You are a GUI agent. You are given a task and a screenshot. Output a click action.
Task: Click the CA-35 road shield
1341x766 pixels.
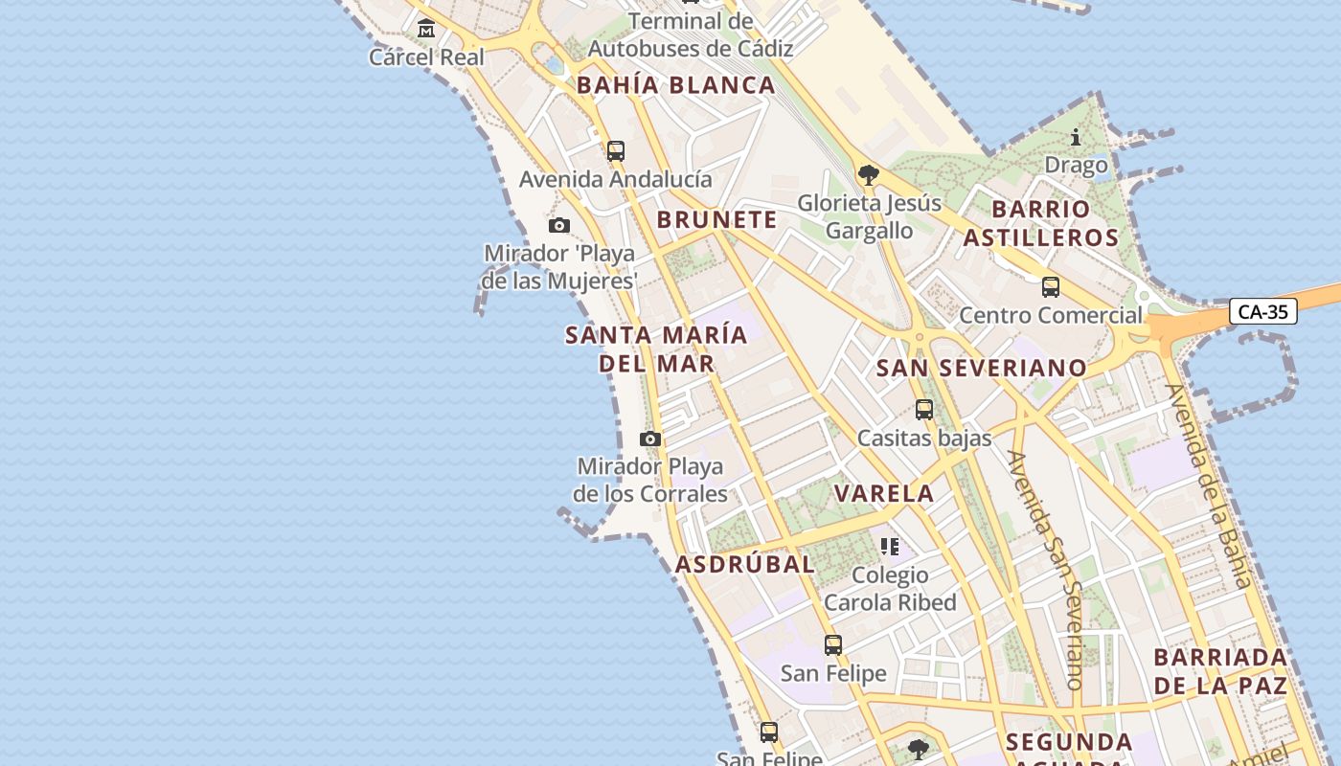tap(1262, 311)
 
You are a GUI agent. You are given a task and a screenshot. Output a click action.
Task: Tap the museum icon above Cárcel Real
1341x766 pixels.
tap(426, 29)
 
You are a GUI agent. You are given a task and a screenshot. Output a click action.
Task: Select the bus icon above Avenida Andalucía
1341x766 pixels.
tap(615, 150)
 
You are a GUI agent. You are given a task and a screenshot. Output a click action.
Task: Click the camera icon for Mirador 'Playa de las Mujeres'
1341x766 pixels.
tap(559, 226)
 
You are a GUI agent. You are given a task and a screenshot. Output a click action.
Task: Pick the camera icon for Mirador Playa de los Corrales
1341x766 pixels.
tap(650, 439)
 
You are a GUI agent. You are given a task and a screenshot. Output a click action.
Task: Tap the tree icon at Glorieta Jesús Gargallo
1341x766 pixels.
tap(869, 174)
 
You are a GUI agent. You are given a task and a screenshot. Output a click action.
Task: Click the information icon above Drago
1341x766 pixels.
tap(1076, 138)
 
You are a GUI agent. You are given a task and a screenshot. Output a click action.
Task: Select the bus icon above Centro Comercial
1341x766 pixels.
tap(1051, 286)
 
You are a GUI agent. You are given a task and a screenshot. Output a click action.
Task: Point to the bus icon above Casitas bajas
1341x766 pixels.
tap(924, 410)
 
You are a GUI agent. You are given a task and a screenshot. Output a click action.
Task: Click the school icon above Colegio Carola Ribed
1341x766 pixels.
tap(890, 547)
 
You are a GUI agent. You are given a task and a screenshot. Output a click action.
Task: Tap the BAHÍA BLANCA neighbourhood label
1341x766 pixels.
tap(675, 85)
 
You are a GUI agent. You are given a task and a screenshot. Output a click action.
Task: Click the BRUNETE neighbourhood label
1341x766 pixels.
tap(716, 219)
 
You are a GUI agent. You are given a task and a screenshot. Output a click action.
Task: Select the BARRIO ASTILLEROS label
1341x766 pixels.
tap(1040, 223)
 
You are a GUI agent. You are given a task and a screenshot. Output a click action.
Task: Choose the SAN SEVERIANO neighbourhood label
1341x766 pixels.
tap(982, 368)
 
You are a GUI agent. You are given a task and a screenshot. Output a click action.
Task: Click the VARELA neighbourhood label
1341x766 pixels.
tap(883, 494)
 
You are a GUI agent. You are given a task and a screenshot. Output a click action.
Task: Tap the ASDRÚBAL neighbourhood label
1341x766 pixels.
tap(745, 564)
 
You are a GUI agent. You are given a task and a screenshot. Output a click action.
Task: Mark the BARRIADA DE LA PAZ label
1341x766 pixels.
tap(1220, 671)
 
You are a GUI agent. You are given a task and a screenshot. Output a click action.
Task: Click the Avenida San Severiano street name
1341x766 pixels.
tap(1045, 570)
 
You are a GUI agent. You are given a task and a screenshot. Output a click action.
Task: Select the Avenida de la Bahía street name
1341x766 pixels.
tap(1208, 485)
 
